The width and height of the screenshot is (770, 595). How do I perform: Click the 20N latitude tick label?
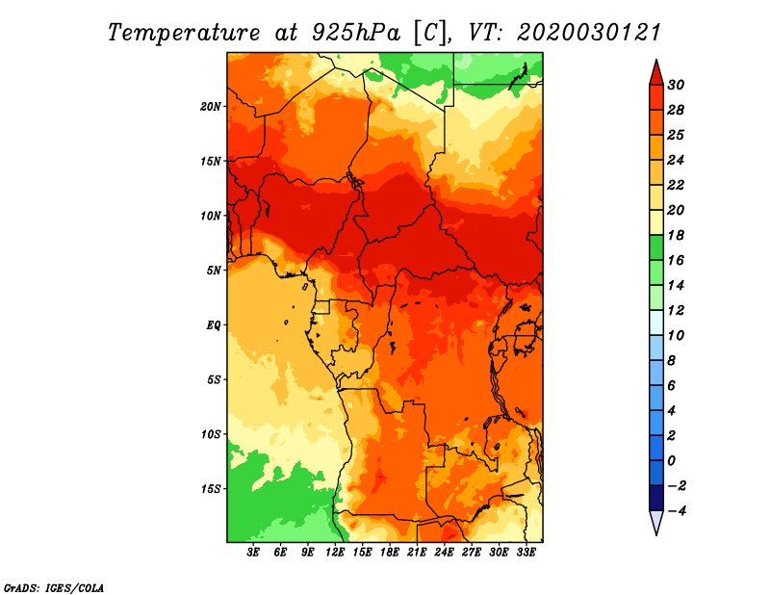(x=210, y=107)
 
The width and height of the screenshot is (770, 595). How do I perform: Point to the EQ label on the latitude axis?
(x=214, y=325)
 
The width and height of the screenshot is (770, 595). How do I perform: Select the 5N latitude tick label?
(x=214, y=271)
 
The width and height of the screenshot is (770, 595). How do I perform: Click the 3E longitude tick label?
(x=253, y=552)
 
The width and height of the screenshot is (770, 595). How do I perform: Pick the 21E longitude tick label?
(x=417, y=552)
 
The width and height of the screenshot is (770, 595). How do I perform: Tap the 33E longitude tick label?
(x=526, y=552)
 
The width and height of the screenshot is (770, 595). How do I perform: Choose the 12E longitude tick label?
(x=335, y=552)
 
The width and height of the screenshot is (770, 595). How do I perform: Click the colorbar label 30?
(x=676, y=85)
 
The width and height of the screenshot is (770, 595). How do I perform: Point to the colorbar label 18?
(x=676, y=235)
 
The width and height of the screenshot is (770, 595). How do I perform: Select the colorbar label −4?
(x=677, y=511)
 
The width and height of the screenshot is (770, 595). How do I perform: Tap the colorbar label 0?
(x=672, y=461)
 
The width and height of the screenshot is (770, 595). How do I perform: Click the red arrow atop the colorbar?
(x=656, y=73)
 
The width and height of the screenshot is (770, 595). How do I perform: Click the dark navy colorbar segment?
(x=656, y=498)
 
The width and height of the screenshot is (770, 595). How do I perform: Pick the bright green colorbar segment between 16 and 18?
(x=656, y=247)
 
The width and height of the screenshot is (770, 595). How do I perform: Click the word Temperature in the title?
(x=184, y=33)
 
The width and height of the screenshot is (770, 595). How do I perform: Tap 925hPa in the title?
(x=356, y=33)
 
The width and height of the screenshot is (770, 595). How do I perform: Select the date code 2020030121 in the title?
(x=589, y=33)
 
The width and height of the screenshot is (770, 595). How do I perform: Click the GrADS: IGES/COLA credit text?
(x=54, y=588)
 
